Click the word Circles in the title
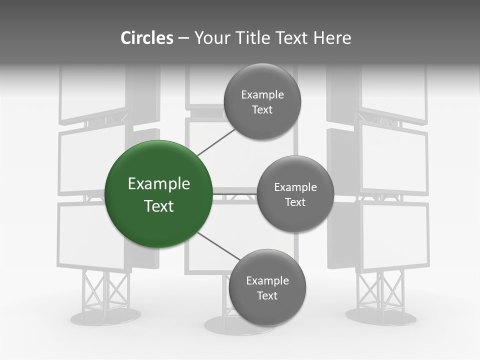coord(146,38)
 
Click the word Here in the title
coord(332,38)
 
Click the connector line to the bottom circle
coord(217,246)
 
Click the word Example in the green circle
coord(159,184)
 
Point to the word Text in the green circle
coord(159,206)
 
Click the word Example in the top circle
coord(262,95)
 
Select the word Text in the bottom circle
coord(267,295)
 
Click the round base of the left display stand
coord(105,316)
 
